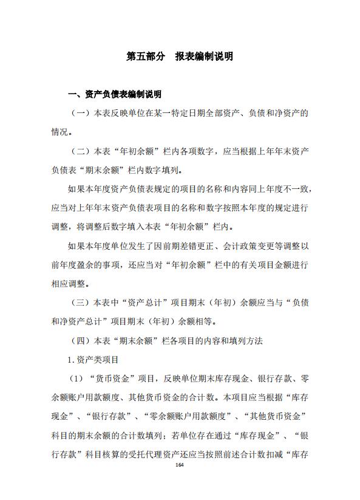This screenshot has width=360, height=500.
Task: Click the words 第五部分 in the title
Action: pos(145,56)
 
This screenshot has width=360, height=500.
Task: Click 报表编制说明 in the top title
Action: pos(203,56)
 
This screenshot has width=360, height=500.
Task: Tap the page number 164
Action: pos(179,465)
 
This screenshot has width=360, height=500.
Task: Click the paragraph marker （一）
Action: pos(81,113)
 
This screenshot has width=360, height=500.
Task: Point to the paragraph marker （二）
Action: pos(81,151)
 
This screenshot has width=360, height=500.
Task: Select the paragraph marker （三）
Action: pos(81,302)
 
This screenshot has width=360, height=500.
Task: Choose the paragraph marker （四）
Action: pos(81,340)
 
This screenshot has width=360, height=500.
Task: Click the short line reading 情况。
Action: pos(63,132)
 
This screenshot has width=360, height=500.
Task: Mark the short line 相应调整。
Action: pos(70,283)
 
